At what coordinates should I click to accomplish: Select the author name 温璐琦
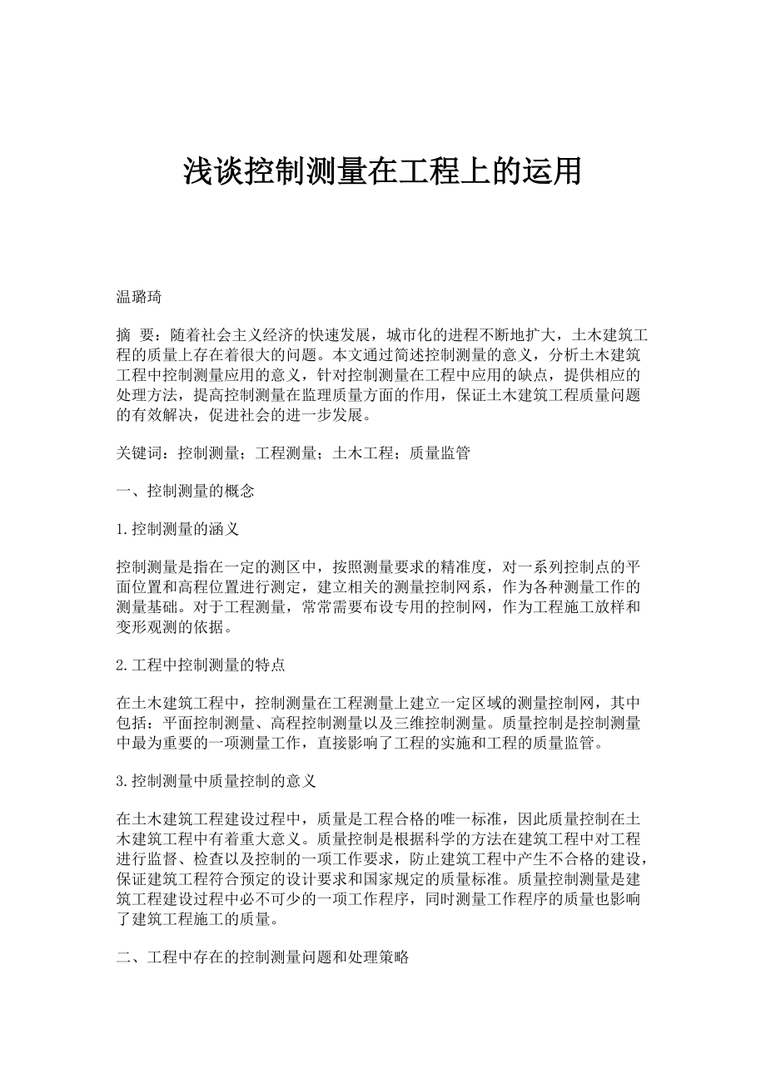(x=138, y=297)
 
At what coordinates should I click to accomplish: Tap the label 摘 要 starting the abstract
(x=135, y=335)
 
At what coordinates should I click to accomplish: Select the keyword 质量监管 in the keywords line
(x=441, y=453)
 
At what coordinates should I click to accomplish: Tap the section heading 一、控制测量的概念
(x=185, y=492)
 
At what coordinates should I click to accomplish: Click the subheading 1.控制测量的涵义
(x=178, y=529)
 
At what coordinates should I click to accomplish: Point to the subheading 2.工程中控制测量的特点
(x=201, y=665)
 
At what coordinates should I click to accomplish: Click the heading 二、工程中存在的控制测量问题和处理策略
(x=262, y=957)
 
